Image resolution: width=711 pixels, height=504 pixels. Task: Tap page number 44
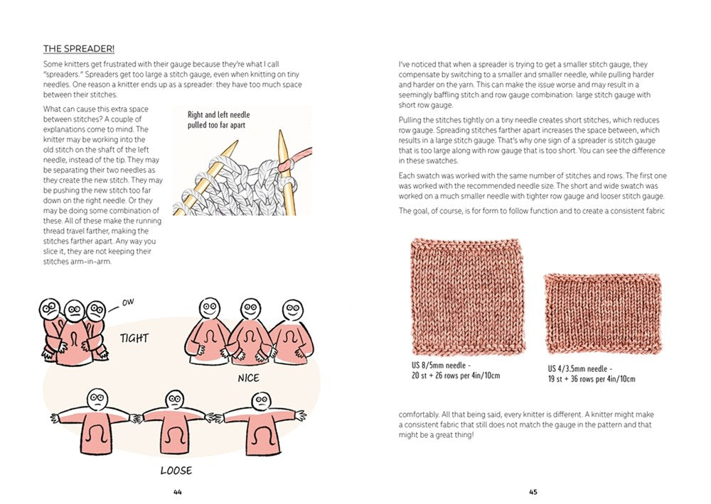(178, 492)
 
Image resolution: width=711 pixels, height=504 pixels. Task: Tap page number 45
(533, 492)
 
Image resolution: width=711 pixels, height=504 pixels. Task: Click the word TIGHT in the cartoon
(134, 338)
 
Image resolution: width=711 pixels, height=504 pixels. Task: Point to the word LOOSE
(176, 470)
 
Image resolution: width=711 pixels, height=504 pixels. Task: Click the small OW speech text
(128, 302)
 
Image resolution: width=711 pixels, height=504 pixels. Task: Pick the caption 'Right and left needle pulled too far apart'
(218, 119)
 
